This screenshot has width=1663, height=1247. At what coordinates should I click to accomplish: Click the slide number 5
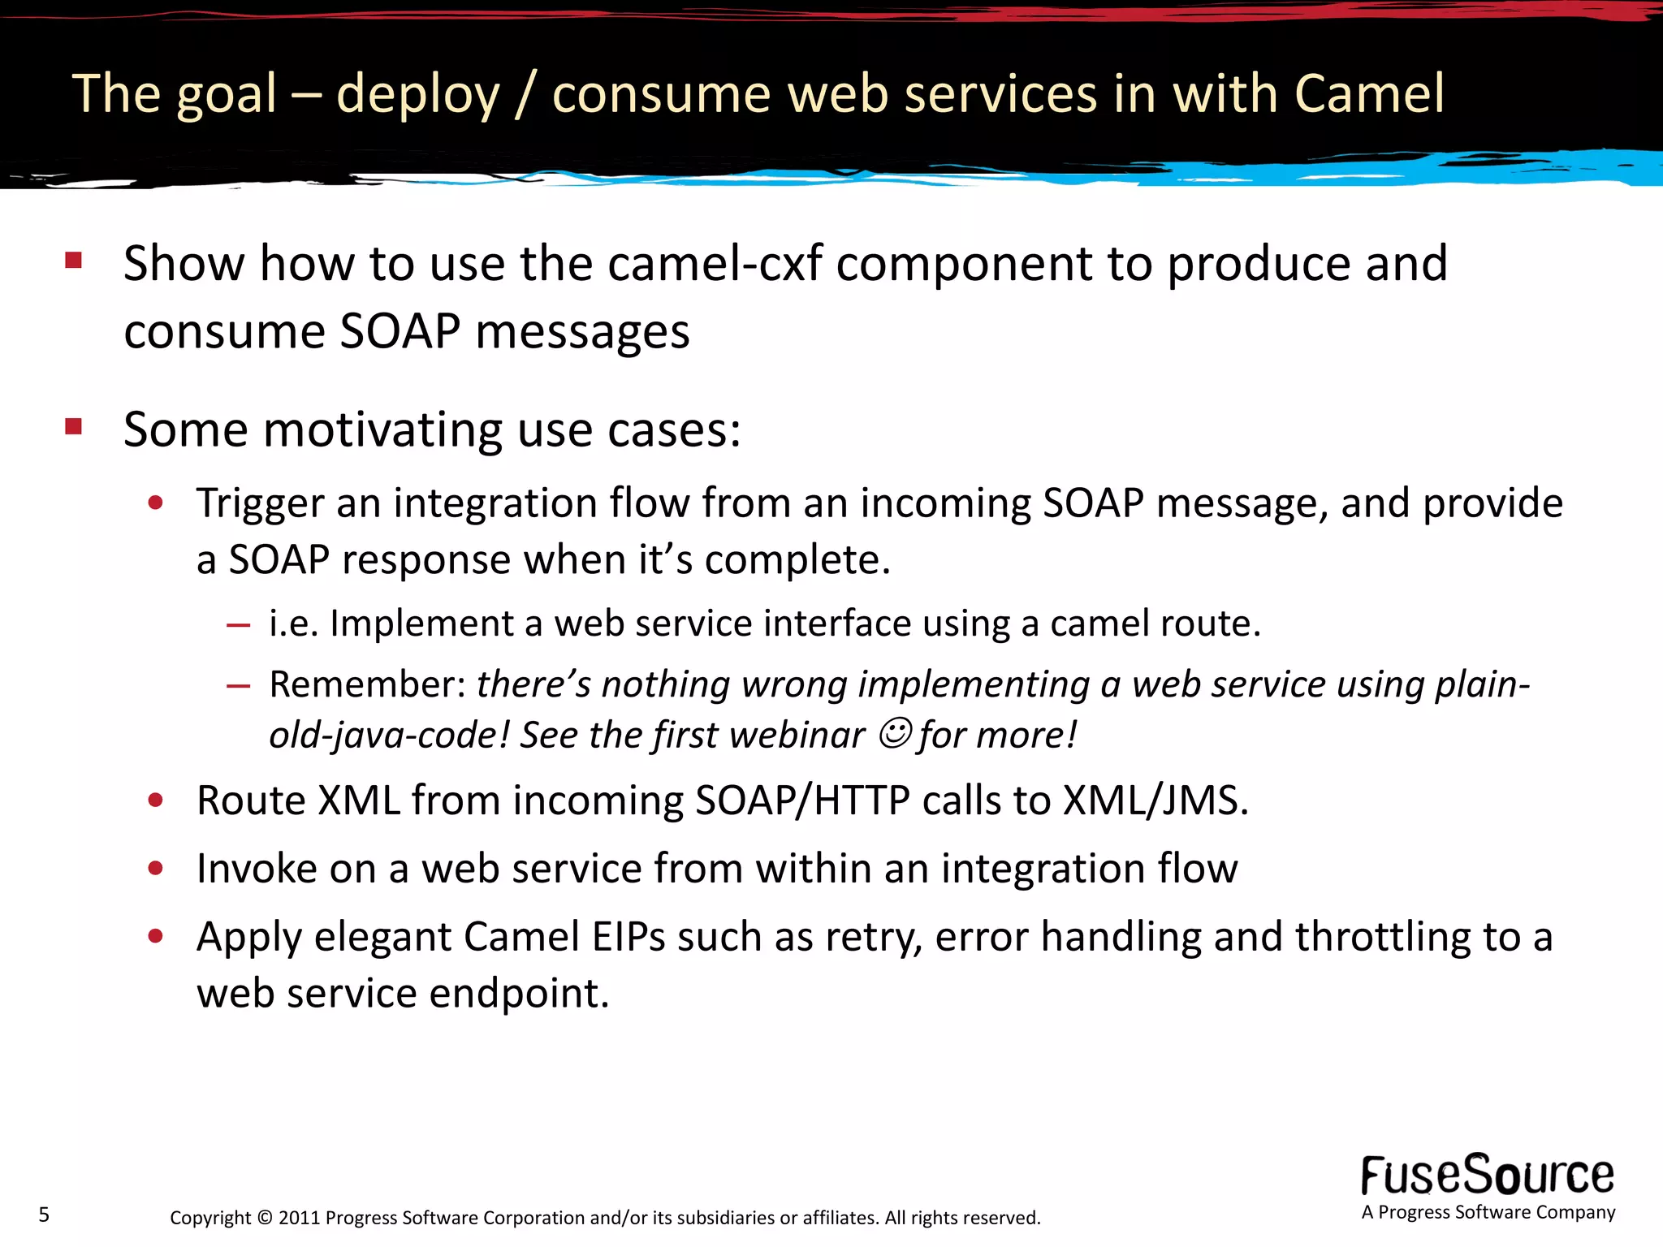coord(44,1215)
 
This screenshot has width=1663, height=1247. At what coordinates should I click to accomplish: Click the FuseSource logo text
coord(1488,1176)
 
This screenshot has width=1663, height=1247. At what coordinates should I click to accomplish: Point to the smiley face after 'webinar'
coord(895,733)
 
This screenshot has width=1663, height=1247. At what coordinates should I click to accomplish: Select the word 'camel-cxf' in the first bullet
coord(715,264)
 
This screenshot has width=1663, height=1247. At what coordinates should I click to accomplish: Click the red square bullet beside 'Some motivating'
coord(74,426)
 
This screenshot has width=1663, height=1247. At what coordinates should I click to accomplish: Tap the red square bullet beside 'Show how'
coord(74,260)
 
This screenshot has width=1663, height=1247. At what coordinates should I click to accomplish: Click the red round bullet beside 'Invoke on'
coord(156,869)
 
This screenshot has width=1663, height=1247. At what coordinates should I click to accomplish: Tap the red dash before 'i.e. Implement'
coord(238,625)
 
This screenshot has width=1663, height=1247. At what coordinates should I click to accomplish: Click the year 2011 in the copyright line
coord(300,1218)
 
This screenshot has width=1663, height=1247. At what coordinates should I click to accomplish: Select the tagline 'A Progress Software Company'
coord(1488,1212)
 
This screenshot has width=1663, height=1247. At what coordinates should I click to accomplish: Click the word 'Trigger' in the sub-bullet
coord(260,503)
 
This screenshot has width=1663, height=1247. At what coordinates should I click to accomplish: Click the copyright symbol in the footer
coord(265,1218)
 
